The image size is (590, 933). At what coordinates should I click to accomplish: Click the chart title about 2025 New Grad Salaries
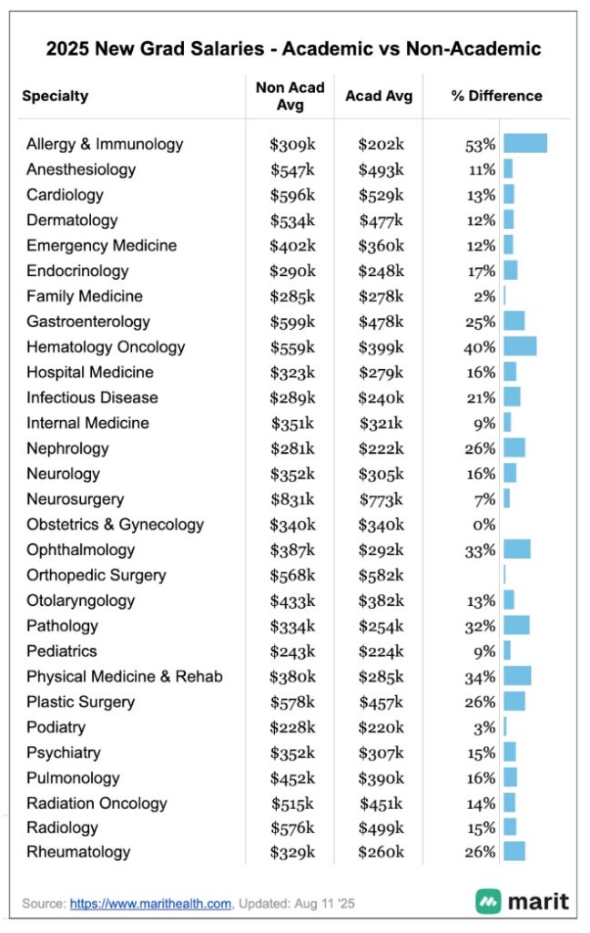coord(294,48)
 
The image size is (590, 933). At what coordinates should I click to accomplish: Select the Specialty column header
coord(56,96)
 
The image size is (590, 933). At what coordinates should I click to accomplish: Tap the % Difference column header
coord(496,96)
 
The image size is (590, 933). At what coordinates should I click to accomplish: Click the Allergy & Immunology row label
coord(105,144)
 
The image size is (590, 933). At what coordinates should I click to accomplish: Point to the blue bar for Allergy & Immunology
coord(525,144)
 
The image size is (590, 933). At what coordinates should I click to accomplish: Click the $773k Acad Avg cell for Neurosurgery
coord(381,499)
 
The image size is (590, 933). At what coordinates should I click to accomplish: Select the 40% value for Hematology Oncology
coord(479,347)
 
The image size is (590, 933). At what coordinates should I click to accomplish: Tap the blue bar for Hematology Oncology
coord(520,347)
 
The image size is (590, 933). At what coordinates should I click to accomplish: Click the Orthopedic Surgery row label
coord(97,575)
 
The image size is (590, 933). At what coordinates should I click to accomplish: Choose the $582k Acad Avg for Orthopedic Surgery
coord(381,575)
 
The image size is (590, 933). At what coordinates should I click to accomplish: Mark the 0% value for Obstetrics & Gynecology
coord(484,525)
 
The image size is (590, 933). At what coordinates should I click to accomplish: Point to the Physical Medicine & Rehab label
coord(125,677)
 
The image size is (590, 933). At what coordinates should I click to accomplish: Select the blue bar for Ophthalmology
coord(517,549)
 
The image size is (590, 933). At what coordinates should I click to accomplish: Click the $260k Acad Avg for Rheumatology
coord(381,853)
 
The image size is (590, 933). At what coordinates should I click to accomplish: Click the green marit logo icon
coord(488,902)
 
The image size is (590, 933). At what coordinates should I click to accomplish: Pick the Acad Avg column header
coord(379,96)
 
